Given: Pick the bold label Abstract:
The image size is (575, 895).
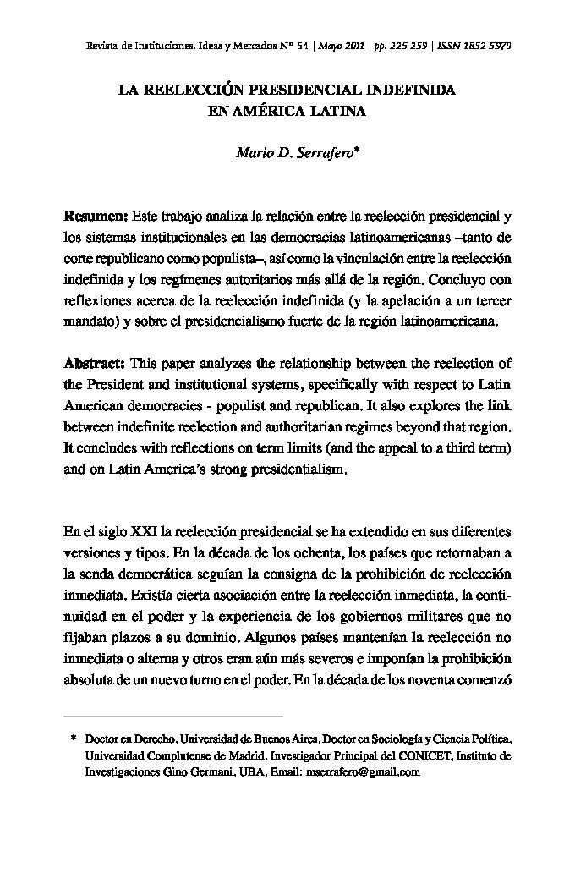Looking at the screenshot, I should (x=95, y=364).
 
